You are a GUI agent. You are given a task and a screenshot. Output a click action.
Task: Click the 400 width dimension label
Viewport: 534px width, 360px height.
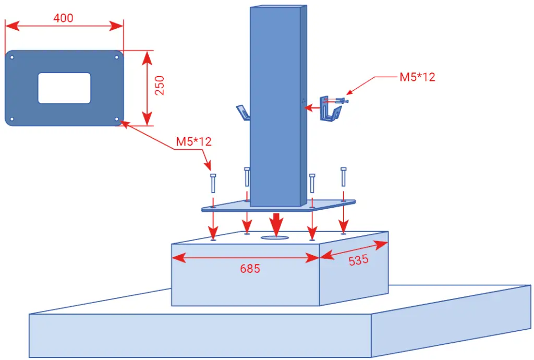pyautogui.click(x=63, y=18)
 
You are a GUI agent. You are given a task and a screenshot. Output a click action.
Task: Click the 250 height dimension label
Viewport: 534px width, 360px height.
pyautogui.click(x=160, y=86)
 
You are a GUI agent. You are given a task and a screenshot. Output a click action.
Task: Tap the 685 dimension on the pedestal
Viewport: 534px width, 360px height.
pyautogui.click(x=250, y=269)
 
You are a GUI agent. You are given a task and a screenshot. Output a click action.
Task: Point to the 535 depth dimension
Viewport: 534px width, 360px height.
pyautogui.click(x=358, y=260)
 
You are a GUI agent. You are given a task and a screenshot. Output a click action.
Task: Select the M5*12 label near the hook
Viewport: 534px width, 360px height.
pyautogui.click(x=417, y=77)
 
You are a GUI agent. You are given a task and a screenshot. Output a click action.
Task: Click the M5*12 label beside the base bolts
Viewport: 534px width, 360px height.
pyautogui.click(x=194, y=141)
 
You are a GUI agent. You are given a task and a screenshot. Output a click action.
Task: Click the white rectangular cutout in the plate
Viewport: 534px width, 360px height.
pyautogui.click(x=64, y=88)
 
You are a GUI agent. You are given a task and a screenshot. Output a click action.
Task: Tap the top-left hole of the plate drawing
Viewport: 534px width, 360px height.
pyautogui.click(x=12, y=57)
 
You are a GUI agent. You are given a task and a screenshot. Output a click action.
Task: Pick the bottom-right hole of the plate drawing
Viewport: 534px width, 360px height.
pyautogui.click(x=116, y=119)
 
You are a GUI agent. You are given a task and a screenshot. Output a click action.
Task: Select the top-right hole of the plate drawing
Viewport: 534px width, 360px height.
pyautogui.click(x=116, y=57)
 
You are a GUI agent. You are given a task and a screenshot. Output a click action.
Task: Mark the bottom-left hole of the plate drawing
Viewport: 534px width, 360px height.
pyautogui.click(x=12, y=119)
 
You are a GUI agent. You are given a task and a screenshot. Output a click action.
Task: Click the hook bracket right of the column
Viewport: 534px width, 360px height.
pyautogui.click(x=330, y=109)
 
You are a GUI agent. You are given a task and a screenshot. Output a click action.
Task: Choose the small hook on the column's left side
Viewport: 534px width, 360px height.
pyautogui.click(x=243, y=113)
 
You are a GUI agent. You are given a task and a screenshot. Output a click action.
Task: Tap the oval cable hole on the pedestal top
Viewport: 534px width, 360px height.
pyautogui.click(x=275, y=237)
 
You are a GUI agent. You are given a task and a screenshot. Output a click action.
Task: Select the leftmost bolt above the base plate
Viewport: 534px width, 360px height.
pyautogui.click(x=213, y=183)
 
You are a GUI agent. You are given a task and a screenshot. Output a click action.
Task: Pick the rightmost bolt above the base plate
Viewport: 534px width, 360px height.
pyautogui.click(x=343, y=177)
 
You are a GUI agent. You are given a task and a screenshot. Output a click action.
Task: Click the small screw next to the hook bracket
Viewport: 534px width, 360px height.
pyautogui.click(x=341, y=101)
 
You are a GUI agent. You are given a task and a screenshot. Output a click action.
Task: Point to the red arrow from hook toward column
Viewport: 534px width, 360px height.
pyautogui.click(x=312, y=108)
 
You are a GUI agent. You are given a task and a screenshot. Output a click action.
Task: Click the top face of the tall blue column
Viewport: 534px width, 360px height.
pyautogui.click(x=278, y=7)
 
